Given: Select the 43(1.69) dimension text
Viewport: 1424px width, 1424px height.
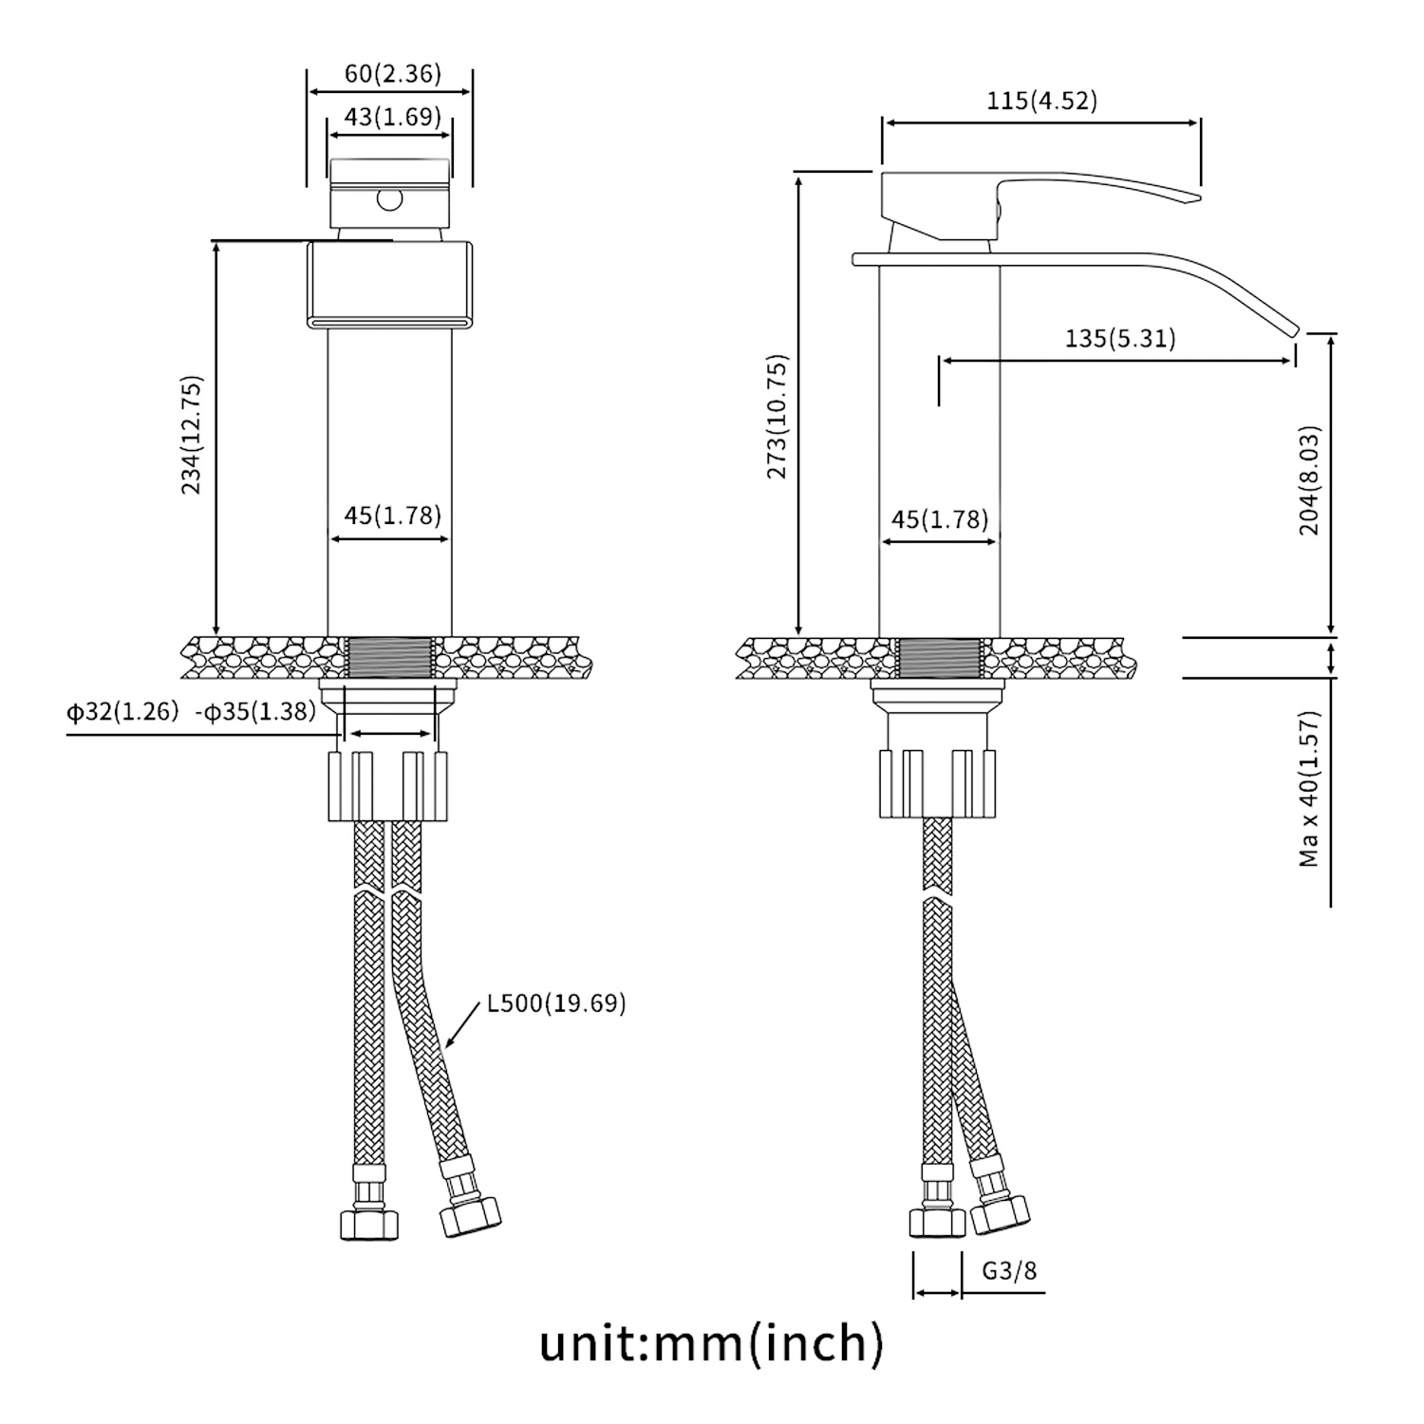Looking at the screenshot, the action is pyautogui.click(x=392, y=117).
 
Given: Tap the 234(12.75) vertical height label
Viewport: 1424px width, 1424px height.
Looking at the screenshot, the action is pyautogui.click(x=193, y=435).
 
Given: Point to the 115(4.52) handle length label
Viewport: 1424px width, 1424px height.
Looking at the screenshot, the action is pyautogui.click(x=1041, y=101).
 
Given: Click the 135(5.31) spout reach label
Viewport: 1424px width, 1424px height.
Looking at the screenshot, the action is pyautogui.click(x=1120, y=338).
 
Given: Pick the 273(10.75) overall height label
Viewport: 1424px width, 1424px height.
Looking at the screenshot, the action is pyautogui.click(x=778, y=417).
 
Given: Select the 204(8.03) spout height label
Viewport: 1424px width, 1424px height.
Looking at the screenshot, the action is pyautogui.click(x=1310, y=479).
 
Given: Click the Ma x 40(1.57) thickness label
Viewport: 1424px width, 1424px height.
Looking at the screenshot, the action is pyautogui.click(x=1310, y=788).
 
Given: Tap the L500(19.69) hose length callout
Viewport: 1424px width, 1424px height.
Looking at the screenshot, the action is pyautogui.click(x=556, y=1003).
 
